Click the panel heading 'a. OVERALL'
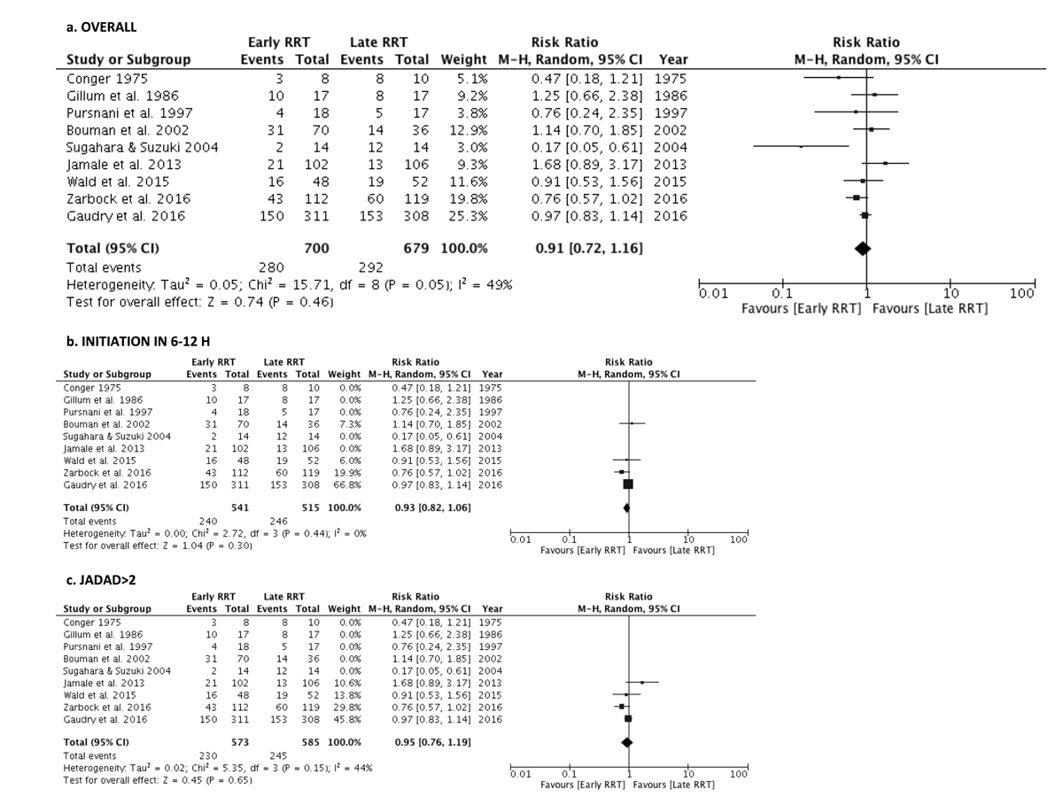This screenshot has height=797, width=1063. (102, 27)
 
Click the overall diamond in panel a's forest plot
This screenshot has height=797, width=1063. (864, 249)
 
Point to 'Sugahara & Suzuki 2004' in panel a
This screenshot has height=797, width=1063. (142, 147)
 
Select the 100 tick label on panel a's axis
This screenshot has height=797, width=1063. (1021, 294)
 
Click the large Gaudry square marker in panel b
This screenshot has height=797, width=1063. (628, 484)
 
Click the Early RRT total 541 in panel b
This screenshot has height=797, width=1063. (237, 507)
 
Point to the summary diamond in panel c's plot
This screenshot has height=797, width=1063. (627, 742)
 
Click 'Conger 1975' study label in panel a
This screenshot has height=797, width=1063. (105, 78)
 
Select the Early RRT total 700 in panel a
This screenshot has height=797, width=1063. (317, 249)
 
